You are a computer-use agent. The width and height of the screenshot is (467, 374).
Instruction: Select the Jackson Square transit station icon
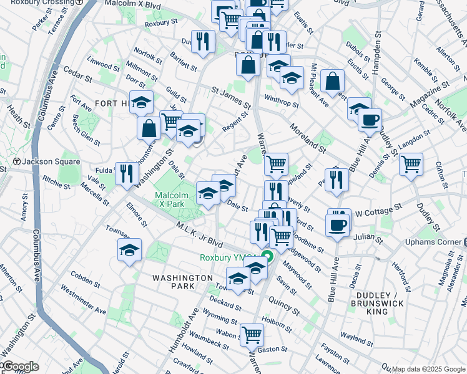[x=17, y=161]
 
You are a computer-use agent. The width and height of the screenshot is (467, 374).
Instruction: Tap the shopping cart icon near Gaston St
[x=252, y=334]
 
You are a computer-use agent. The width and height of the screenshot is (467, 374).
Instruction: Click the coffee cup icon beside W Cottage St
[x=338, y=224]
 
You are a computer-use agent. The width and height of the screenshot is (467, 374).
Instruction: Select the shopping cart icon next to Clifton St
[x=411, y=164]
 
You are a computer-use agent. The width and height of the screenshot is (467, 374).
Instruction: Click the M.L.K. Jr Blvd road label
[x=199, y=233]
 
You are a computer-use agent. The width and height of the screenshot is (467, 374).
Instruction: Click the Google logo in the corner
[x=20, y=367]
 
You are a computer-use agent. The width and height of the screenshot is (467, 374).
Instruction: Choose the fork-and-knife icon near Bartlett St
[x=202, y=41]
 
